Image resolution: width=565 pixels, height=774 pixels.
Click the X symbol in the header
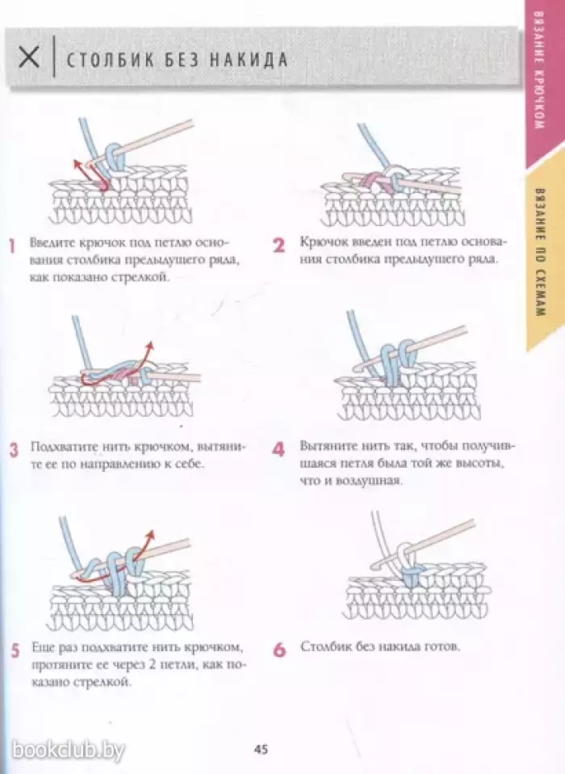28,57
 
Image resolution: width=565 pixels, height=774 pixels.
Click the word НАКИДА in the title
249,59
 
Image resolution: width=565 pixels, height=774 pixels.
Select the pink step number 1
12,246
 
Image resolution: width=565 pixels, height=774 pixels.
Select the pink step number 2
278,246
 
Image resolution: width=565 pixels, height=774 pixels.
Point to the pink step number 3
15,450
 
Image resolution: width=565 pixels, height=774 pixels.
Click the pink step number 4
278,450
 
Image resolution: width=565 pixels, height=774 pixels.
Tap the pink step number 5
15,651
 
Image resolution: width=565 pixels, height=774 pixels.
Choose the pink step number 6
279,650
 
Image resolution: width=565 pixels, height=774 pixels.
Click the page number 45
261,749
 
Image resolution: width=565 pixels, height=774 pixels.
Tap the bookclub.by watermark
68,751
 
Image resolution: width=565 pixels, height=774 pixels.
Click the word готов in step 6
443,647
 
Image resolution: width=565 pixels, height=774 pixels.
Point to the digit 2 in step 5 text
149,665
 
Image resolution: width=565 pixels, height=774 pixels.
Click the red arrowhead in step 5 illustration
152,533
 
